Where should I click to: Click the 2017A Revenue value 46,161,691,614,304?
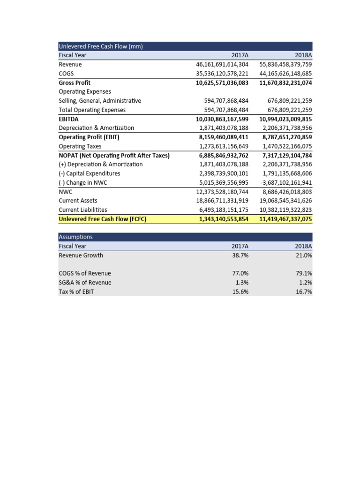coord(222,64)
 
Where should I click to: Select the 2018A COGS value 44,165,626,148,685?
coord(285,74)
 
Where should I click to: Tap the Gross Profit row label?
coord(75,82)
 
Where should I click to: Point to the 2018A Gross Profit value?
coord(285,82)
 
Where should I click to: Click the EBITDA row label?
coord(68,119)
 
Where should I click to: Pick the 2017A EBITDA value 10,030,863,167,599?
coord(222,119)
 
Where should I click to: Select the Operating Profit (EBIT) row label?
coord(85,137)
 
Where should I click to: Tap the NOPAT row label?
coord(114,155)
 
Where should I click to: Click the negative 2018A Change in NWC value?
coord(285,182)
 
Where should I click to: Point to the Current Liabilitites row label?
coord(82,210)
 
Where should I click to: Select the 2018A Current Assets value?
coord(285,201)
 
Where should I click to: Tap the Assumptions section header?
coord(75,237)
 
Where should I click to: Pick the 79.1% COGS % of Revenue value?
coord(304,273)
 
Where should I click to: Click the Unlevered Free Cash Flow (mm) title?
coord(100,46)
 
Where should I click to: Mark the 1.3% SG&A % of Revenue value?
coord(242,282)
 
